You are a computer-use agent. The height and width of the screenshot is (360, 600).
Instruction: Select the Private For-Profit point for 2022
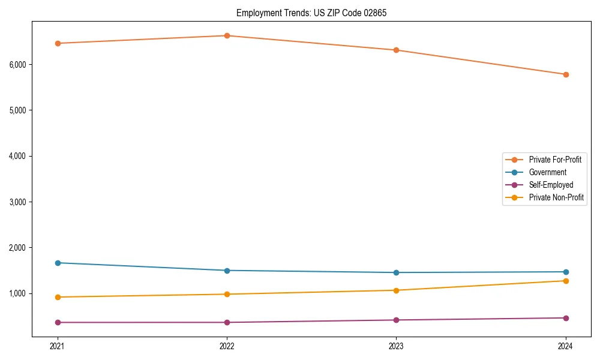click(x=227, y=36)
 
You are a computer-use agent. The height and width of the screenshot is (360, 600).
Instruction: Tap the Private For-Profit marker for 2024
click(x=566, y=74)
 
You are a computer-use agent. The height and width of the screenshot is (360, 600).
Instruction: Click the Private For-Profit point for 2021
click(x=58, y=43)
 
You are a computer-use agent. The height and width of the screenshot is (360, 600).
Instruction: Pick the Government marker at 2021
click(x=58, y=263)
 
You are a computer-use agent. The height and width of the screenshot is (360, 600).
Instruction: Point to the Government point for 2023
click(x=397, y=272)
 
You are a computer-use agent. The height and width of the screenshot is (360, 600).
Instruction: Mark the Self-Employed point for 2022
click(x=227, y=322)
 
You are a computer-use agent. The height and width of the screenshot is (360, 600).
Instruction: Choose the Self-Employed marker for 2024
click(x=566, y=318)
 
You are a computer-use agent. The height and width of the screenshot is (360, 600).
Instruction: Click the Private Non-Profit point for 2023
click(x=397, y=290)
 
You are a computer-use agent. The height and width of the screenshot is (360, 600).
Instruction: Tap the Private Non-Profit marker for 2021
click(x=58, y=297)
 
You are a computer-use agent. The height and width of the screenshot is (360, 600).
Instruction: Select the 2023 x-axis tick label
click(x=397, y=346)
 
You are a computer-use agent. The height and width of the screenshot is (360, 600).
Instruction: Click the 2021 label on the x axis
click(x=58, y=346)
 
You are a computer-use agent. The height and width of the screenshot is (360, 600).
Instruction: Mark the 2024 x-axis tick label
click(x=566, y=346)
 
